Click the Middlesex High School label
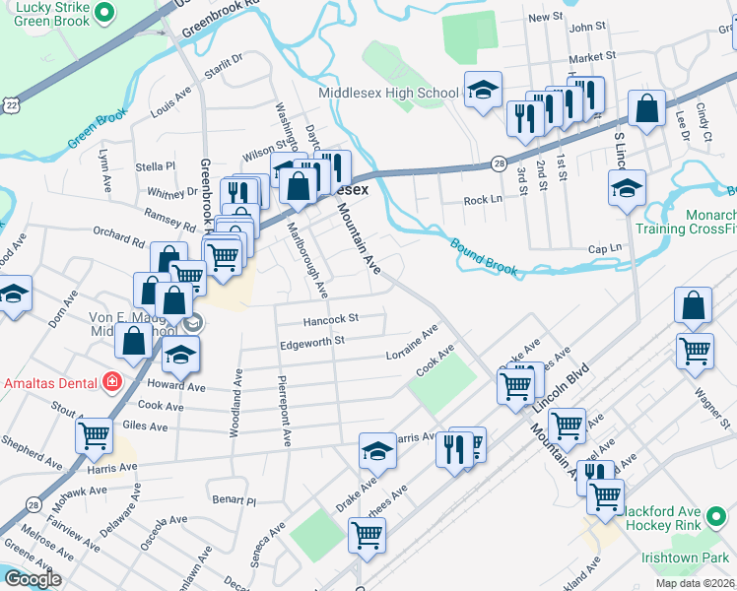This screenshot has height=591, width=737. point(388,94)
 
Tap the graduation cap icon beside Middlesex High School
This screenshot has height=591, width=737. point(483,92)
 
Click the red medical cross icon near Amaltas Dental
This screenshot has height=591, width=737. point(112,381)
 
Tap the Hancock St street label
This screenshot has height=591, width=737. point(330,319)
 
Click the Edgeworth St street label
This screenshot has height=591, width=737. point(311,341)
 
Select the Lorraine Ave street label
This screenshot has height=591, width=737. point(412,346)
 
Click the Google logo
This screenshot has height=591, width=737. point(33,579)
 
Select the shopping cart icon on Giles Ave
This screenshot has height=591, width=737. point(94,434)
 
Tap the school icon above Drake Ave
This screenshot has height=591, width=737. point(376,451)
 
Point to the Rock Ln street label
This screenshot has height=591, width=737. point(483,200)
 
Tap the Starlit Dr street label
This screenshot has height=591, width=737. point(222,63)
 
